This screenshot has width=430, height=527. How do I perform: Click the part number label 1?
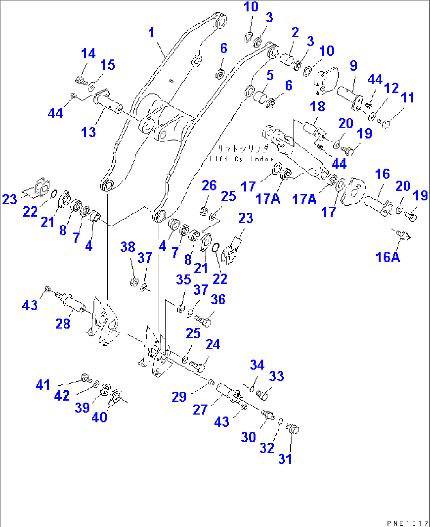[x=152, y=32]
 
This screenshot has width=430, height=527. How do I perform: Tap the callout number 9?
[x=353, y=65]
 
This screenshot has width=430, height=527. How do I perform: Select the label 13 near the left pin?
[x=88, y=132]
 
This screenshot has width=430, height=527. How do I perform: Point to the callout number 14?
[x=88, y=54]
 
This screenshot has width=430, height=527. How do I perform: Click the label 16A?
[x=388, y=257]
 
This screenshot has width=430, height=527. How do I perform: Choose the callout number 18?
[x=317, y=107]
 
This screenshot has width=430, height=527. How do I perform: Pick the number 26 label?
[x=209, y=186]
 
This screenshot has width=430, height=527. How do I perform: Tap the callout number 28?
[x=63, y=324]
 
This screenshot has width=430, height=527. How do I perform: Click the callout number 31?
[x=285, y=458]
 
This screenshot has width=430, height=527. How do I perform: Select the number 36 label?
[x=218, y=299]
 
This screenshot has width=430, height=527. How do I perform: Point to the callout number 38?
[x=128, y=247]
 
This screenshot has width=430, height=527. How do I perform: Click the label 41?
[x=43, y=384]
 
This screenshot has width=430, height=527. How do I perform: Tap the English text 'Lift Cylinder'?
[x=241, y=159]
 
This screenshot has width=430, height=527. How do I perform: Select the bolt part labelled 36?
[x=204, y=321]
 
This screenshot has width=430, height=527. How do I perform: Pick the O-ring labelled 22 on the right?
[x=215, y=248]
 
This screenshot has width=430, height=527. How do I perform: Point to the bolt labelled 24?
[x=197, y=365]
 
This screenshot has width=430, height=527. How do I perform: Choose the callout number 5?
[x=270, y=75]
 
